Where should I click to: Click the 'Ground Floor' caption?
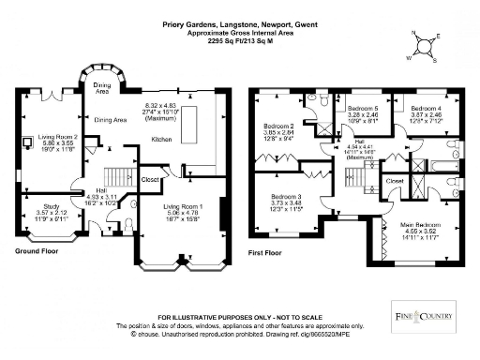(x=38, y=251)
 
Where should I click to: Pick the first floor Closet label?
(x=395, y=179)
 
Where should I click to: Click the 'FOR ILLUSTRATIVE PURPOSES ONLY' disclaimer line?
(x=240, y=318)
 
